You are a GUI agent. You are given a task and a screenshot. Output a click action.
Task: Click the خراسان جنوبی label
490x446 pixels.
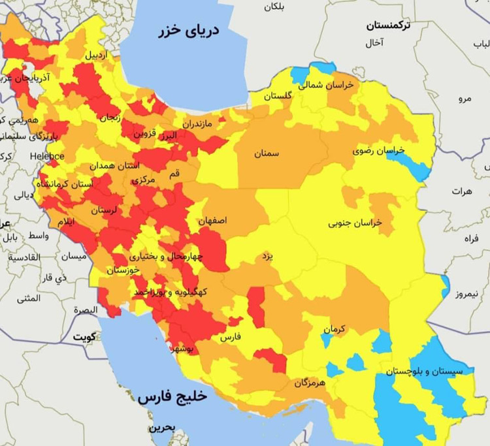355,223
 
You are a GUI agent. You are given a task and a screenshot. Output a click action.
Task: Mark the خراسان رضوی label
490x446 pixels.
379,150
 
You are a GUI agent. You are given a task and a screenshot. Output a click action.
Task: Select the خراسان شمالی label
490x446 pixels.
326,85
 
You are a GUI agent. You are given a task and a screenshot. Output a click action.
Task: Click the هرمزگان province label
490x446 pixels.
308,383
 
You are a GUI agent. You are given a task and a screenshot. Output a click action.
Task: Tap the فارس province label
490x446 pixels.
229,338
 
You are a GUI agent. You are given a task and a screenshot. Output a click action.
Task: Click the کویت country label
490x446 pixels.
84,337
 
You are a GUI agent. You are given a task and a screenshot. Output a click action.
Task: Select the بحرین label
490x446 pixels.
162,428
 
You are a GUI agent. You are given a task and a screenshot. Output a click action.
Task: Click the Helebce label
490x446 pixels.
47,156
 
